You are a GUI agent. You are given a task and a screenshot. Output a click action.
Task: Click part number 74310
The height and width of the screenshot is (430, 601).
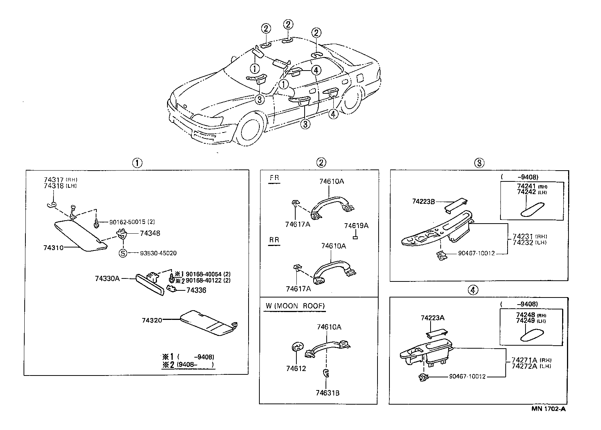(x=53, y=247)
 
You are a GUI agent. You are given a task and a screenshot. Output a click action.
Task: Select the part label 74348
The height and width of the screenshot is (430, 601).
(x=150, y=233)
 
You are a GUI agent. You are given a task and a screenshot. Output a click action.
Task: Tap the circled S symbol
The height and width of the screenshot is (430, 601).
(x=123, y=253)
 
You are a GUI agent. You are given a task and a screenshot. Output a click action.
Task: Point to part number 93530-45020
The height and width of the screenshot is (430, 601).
(x=158, y=253)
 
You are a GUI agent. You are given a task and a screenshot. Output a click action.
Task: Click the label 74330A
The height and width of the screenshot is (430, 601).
(x=107, y=278)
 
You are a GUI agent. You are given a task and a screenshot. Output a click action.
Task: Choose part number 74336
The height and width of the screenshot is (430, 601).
(x=196, y=290)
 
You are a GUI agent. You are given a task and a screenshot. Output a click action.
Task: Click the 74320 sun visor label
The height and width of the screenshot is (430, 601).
(x=152, y=320)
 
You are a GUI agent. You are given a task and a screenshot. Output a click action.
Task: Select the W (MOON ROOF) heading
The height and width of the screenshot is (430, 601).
(x=295, y=306)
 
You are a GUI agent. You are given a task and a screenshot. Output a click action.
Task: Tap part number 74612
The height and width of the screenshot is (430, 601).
(x=296, y=369)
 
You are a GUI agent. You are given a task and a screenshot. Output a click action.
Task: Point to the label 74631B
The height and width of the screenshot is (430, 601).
(x=328, y=393)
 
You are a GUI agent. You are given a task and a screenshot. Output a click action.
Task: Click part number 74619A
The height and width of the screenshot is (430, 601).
(x=356, y=226)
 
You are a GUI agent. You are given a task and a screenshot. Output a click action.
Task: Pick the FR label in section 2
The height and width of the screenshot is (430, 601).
(x=274, y=178)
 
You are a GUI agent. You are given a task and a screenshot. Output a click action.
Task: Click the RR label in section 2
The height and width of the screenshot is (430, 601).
(x=274, y=240)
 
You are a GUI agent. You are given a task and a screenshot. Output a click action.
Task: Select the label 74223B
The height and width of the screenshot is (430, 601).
(x=423, y=202)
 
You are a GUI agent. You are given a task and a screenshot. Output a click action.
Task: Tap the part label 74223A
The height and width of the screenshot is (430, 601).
(x=432, y=318)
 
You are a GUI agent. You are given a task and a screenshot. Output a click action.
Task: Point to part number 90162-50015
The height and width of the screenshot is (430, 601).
(x=128, y=222)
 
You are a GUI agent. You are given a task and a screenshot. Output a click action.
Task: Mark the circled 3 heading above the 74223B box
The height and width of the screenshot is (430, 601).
(x=479, y=163)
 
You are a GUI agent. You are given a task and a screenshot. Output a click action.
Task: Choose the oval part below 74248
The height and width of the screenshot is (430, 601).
(x=532, y=336)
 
